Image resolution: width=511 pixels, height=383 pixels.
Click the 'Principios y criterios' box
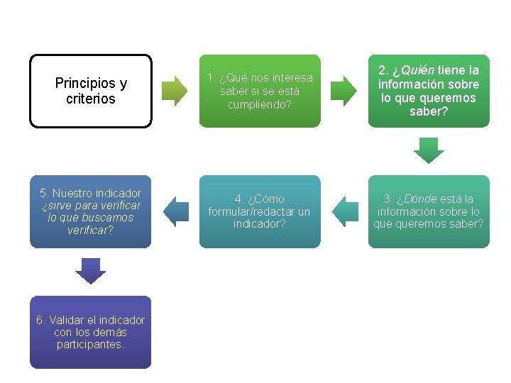click(91, 91)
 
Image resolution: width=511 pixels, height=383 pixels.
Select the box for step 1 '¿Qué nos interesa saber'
click(260, 91)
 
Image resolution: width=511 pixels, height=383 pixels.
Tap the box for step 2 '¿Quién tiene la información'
click(429, 91)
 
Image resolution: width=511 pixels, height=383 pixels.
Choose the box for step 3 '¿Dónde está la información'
click(429, 211)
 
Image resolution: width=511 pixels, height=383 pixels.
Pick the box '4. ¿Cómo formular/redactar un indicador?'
click(260, 211)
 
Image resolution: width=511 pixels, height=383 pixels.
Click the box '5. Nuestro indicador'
click(91, 211)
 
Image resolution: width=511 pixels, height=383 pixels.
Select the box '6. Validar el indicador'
click(91, 332)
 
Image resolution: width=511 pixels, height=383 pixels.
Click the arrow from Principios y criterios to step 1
click(175, 91)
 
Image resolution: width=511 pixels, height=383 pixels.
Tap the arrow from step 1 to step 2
click(344, 91)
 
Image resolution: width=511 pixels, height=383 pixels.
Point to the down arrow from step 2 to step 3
click(429, 151)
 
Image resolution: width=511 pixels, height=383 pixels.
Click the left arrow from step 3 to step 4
click(345, 211)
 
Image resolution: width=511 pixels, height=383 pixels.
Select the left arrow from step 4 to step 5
click(175, 211)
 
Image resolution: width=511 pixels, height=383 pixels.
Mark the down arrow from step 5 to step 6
click(90, 272)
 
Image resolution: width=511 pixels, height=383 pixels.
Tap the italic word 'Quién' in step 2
click(418, 70)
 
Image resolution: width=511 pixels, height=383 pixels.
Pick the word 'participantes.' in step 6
click(91, 345)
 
